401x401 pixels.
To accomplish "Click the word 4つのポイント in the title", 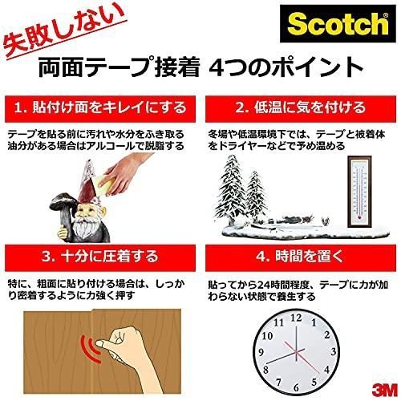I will coord(283,67).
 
